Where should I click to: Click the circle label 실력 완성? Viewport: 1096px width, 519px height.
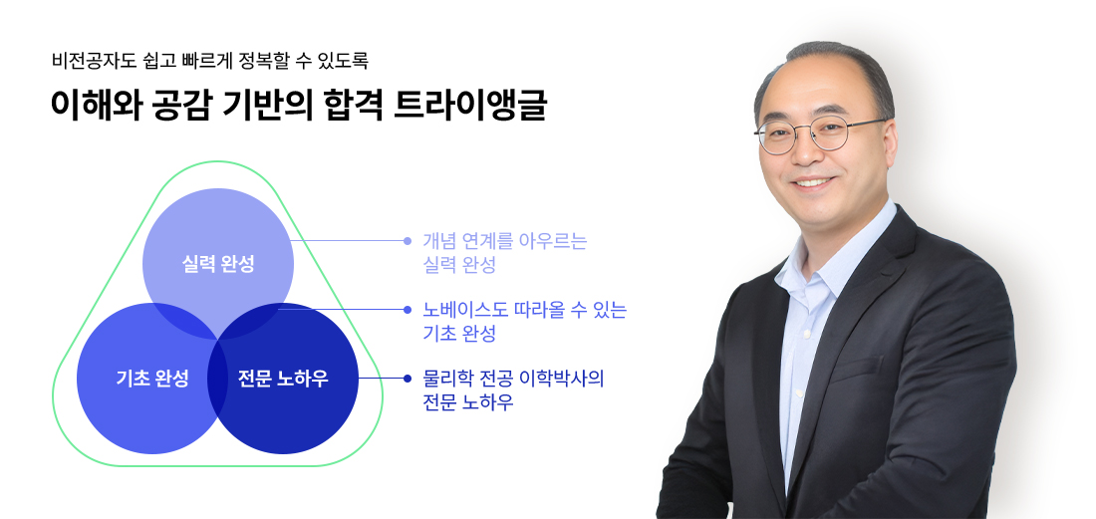click(x=218, y=264)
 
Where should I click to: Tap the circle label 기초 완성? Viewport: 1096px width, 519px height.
click(x=152, y=379)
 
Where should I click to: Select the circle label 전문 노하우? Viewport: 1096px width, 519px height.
click(x=283, y=379)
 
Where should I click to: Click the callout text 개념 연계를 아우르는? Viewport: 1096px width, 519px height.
click(x=505, y=241)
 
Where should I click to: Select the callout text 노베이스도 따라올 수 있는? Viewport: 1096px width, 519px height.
click(x=525, y=310)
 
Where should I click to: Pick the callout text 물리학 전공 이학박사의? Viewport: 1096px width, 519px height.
click(x=514, y=379)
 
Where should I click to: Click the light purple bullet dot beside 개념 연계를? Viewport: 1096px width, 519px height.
click(x=408, y=241)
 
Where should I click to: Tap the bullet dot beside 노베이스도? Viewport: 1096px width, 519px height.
click(x=408, y=310)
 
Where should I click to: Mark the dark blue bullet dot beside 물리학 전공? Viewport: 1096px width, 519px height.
click(x=408, y=379)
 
